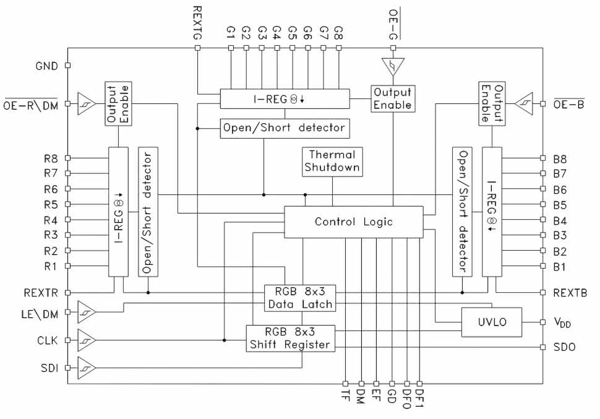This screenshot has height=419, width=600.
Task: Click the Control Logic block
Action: [x=353, y=222]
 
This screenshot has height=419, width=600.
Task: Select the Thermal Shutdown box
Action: [x=333, y=161]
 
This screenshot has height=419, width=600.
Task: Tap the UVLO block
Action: [x=491, y=322]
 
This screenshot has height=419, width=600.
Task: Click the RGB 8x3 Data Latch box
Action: [x=299, y=298]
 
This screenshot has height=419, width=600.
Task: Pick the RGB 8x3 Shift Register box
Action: [x=290, y=338]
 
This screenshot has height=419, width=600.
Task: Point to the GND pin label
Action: [x=46, y=65]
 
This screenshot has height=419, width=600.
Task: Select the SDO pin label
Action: [x=563, y=347]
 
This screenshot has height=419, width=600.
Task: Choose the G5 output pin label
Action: [x=293, y=32]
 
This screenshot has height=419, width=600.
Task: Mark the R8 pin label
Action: [x=51, y=158]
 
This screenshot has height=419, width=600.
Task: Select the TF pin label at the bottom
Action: [x=345, y=395]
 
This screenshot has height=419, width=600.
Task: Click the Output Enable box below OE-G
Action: [x=392, y=98]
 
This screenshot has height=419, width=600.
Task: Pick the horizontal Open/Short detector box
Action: [x=285, y=129]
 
